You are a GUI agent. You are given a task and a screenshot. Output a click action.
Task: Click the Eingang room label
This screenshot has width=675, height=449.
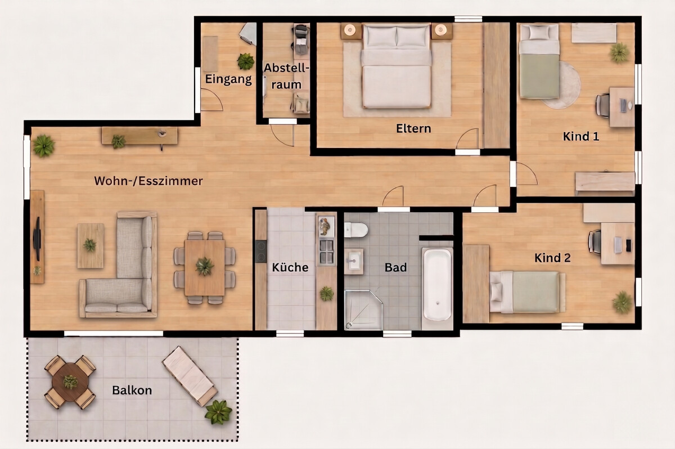[228, 79]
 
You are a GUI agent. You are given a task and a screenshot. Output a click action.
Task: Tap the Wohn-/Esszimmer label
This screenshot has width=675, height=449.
[148, 181]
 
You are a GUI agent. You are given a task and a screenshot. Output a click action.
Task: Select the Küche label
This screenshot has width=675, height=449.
[290, 267]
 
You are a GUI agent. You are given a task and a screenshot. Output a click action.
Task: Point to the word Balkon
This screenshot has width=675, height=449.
[132, 390]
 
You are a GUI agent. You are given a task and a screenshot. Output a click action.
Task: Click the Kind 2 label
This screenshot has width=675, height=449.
[552, 258]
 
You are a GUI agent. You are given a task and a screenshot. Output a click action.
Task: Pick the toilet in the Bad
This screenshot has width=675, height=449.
[356, 230]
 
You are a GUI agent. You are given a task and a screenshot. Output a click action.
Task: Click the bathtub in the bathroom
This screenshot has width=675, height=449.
[438, 284]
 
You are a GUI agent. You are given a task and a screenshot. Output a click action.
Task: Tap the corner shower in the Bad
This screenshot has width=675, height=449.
[363, 309]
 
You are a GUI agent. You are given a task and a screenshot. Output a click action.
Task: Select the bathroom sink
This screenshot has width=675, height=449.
[354, 261]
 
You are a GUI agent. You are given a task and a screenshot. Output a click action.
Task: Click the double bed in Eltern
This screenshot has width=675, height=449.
[397, 66]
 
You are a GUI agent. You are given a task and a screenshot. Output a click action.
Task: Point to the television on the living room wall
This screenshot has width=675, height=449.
[37, 239]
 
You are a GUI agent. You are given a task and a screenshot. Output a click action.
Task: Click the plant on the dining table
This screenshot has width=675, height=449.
[205, 266]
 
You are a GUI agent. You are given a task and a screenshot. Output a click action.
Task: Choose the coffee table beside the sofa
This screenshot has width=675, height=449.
[91, 245]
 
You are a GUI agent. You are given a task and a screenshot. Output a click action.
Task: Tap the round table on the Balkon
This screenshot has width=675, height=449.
[70, 382]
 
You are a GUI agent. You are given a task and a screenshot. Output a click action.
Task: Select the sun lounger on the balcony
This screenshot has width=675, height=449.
[190, 376]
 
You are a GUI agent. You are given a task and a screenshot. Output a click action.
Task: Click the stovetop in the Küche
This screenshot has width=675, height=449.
[261, 252]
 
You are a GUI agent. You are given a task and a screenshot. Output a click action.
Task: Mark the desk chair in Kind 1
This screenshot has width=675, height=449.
[602, 105]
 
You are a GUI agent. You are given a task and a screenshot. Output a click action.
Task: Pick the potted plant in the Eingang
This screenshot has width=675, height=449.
[246, 61]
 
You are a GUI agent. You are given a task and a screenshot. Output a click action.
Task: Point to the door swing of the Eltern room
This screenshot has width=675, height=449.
[467, 138]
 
